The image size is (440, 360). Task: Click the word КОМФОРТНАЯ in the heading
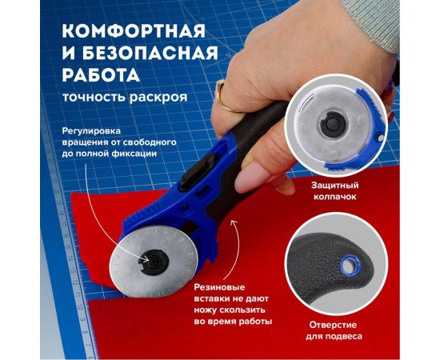(122, 32)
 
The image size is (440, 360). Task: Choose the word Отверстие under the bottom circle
(331, 325)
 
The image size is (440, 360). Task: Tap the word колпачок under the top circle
(332, 196)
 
